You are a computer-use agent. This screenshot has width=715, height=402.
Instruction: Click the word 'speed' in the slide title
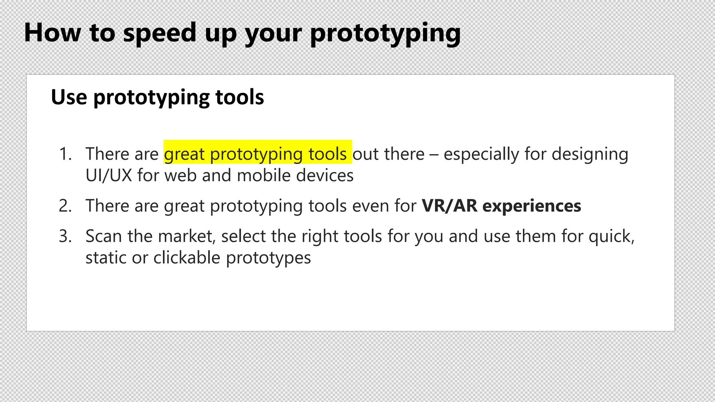coord(160,33)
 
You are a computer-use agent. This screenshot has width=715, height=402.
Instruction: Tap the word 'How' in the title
coord(52,33)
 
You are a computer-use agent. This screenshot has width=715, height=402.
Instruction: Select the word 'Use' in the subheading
coord(69,97)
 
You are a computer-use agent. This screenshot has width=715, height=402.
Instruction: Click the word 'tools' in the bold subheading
coord(239,97)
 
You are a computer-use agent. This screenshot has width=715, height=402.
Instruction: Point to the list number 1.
coord(65,154)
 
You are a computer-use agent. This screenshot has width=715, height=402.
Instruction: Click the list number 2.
coord(65,206)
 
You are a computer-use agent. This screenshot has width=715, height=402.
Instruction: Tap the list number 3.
coord(65,236)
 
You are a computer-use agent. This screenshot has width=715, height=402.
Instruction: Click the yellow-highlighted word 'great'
coord(184,154)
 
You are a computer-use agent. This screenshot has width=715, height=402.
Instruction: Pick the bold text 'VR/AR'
coord(449,206)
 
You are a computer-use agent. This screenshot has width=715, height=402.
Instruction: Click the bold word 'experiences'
coord(532,206)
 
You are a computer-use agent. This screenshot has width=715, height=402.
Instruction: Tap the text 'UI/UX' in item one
coord(109,175)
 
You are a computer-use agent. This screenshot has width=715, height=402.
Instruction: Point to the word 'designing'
coord(590,154)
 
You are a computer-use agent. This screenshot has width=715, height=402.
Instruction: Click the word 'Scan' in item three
coord(104,236)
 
